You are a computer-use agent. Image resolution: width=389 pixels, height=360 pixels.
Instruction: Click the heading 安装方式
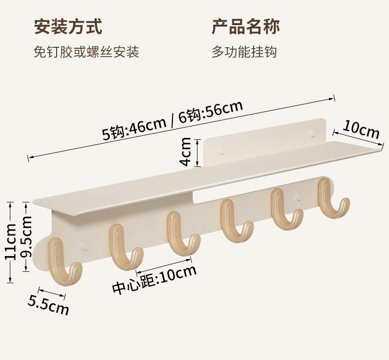[x=68, y=27]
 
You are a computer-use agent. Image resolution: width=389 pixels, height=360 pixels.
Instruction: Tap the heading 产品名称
[x=246, y=27]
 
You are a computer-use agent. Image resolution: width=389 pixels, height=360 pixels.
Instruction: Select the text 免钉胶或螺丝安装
[x=86, y=52]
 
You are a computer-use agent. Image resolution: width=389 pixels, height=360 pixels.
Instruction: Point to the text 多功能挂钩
[x=244, y=52]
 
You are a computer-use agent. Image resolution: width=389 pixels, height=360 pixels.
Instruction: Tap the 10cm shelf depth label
[x=361, y=130]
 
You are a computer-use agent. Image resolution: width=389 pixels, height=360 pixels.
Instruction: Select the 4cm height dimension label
[x=186, y=152]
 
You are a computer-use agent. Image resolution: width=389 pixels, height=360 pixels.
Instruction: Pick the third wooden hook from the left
[x=180, y=234]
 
